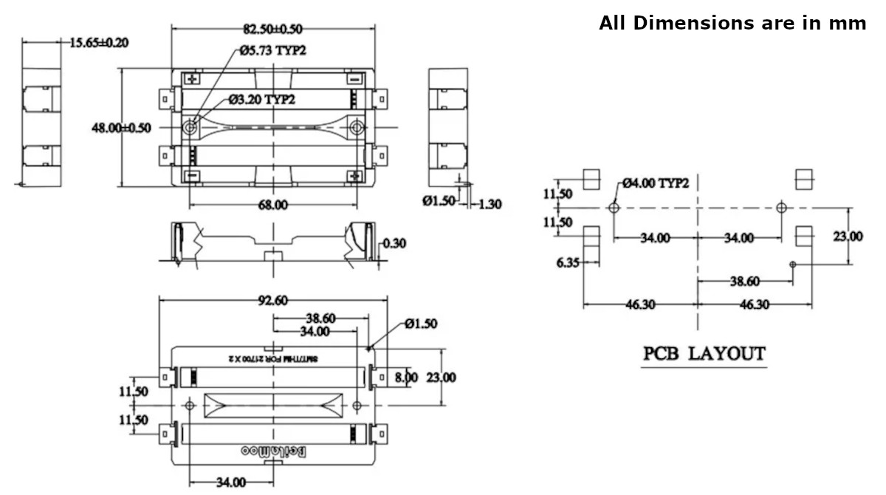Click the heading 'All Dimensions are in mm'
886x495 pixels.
click(x=732, y=23)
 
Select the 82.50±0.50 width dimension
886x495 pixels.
click(x=272, y=29)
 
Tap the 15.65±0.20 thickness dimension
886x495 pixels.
click(x=99, y=42)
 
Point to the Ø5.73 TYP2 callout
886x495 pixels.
click(x=272, y=51)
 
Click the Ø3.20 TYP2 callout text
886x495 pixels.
click(x=262, y=99)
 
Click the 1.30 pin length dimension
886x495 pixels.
click(x=490, y=204)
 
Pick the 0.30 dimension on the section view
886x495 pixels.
click(x=396, y=243)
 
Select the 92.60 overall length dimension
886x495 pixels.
click(x=272, y=300)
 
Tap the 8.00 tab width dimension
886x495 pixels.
click(x=406, y=378)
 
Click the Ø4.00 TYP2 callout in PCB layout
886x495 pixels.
click(x=656, y=182)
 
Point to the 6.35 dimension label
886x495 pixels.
click(x=568, y=262)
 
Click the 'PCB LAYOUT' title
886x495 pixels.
click(x=704, y=353)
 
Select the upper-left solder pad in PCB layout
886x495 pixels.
click(x=591, y=179)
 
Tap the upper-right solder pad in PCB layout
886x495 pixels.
click(x=803, y=179)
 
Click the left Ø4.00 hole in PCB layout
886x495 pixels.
click(x=614, y=208)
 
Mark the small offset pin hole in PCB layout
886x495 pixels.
click(x=793, y=264)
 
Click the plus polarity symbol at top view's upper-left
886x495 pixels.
click(x=193, y=78)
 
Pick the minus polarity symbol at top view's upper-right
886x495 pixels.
click(x=355, y=78)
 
